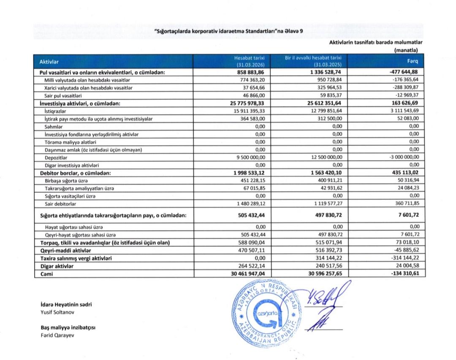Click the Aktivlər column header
tap(49, 62)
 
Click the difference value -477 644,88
tap(403, 73)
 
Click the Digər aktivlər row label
tap(57, 266)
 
